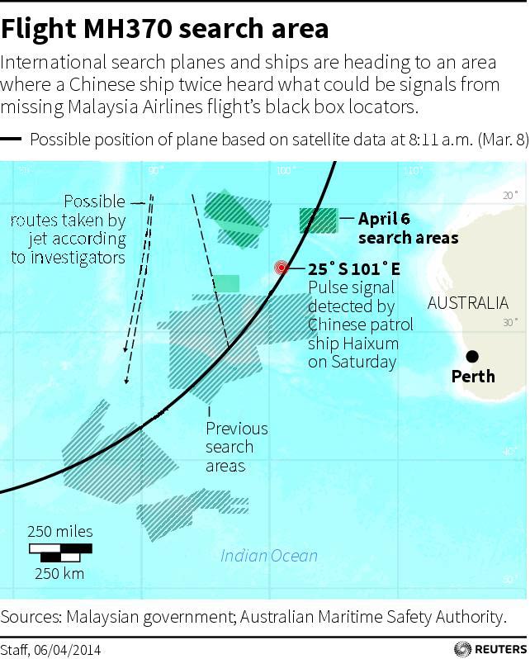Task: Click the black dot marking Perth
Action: click(472, 356)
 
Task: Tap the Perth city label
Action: click(473, 377)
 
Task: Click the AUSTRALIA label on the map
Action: click(467, 303)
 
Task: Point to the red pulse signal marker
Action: click(282, 268)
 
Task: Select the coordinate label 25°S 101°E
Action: click(354, 269)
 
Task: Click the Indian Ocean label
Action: click(268, 555)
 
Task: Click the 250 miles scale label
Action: click(60, 531)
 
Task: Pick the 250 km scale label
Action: click(59, 573)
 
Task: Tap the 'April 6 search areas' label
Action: click(408, 228)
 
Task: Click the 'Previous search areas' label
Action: click(237, 447)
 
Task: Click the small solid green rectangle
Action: click(225, 283)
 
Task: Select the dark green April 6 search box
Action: click(318, 220)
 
